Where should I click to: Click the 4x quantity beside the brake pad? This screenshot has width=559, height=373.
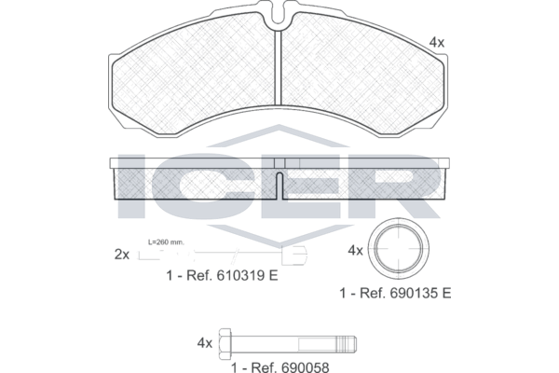click(x=437, y=43)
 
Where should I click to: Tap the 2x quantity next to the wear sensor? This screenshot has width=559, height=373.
click(x=122, y=255)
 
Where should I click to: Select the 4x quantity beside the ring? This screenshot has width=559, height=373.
click(x=355, y=251)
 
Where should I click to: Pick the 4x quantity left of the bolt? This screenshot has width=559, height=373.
click(x=205, y=343)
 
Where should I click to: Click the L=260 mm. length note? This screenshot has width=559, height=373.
click(x=166, y=242)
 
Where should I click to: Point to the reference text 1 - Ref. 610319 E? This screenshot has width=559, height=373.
click(x=222, y=276)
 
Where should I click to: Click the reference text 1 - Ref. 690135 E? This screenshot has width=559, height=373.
click(x=395, y=293)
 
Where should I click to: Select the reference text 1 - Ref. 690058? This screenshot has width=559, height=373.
click(x=280, y=366)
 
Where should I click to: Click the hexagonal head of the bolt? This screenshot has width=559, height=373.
click(x=225, y=344)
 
